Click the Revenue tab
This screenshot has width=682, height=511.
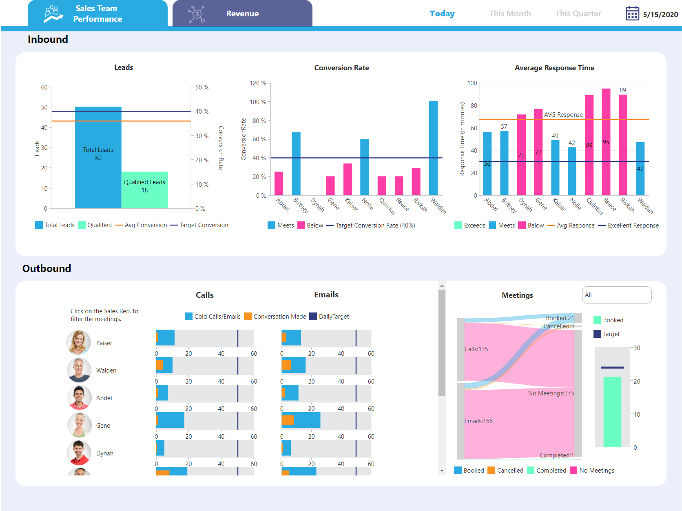coord(242,14)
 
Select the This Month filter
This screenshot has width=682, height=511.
coord(510,14)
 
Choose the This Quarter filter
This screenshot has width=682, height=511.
coord(578,14)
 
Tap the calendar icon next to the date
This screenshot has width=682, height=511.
coord(632,13)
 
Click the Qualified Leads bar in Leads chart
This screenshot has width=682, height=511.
coord(144,190)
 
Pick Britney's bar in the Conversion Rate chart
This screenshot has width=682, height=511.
coord(296,163)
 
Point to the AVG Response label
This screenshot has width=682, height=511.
coord(563,115)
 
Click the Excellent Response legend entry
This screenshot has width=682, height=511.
coord(633,225)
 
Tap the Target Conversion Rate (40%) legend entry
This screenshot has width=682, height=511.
coord(375,225)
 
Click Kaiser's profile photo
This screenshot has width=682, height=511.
coord(79,342)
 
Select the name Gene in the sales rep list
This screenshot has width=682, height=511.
coord(103,426)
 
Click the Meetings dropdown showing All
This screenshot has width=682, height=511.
coord(616,295)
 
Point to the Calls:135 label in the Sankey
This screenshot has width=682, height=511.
coord(476,349)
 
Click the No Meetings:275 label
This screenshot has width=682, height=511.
coord(551,393)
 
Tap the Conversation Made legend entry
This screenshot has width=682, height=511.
coord(279,317)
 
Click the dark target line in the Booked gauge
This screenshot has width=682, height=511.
coord(612,368)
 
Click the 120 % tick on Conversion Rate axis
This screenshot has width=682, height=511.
coord(258,83)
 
